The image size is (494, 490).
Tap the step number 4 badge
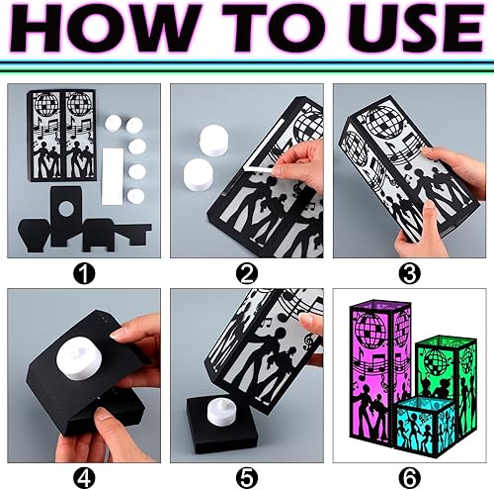pyautogui.click(x=85, y=474)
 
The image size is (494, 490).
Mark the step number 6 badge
pyautogui.click(x=409, y=474)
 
